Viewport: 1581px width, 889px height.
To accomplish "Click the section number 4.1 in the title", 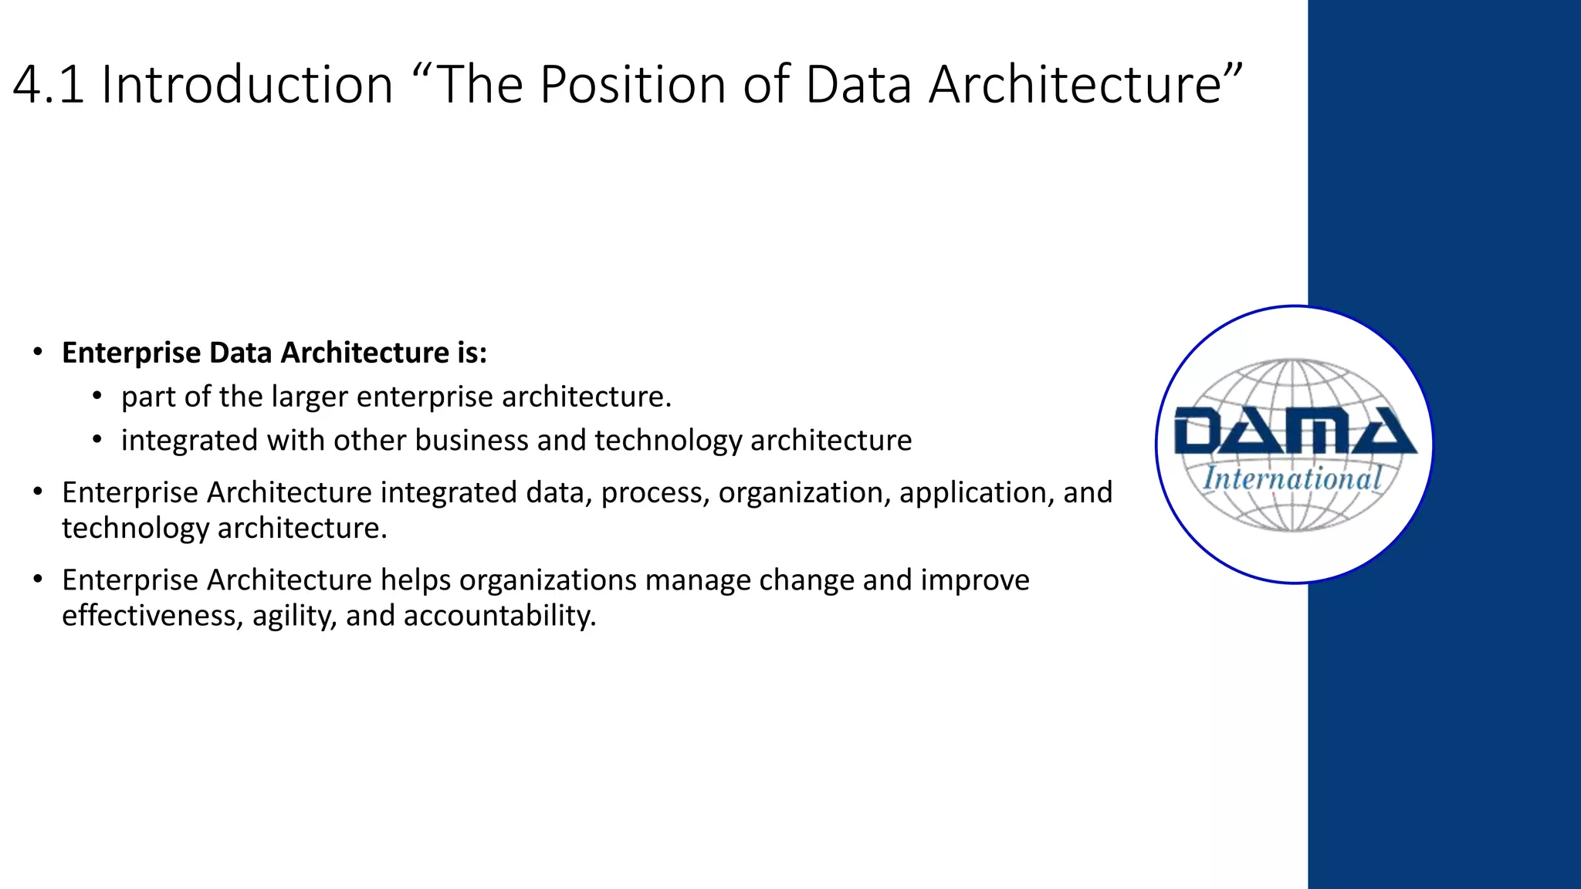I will (x=48, y=84).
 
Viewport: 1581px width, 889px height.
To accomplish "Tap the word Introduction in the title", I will (x=247, y=84).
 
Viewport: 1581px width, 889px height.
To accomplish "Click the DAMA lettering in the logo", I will (x=1295, y=431).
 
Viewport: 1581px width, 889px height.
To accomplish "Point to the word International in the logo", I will (x=1293, y=478).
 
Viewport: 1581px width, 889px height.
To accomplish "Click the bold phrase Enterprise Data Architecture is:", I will (x=274, y=353).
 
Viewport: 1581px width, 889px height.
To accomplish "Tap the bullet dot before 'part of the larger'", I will (x=96, y=397).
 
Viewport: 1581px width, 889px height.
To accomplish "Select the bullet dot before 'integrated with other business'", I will (x=96, y=441).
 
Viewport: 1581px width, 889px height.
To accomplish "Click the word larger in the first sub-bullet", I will (x=309, y=397).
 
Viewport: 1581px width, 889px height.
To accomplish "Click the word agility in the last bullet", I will (x=294, y=616).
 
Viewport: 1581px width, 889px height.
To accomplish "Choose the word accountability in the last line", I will (x=499, y=616).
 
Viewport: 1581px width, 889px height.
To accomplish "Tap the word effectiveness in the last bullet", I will (x=153, y=616).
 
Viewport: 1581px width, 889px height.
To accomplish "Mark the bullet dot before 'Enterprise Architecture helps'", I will (x=38, y=580).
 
